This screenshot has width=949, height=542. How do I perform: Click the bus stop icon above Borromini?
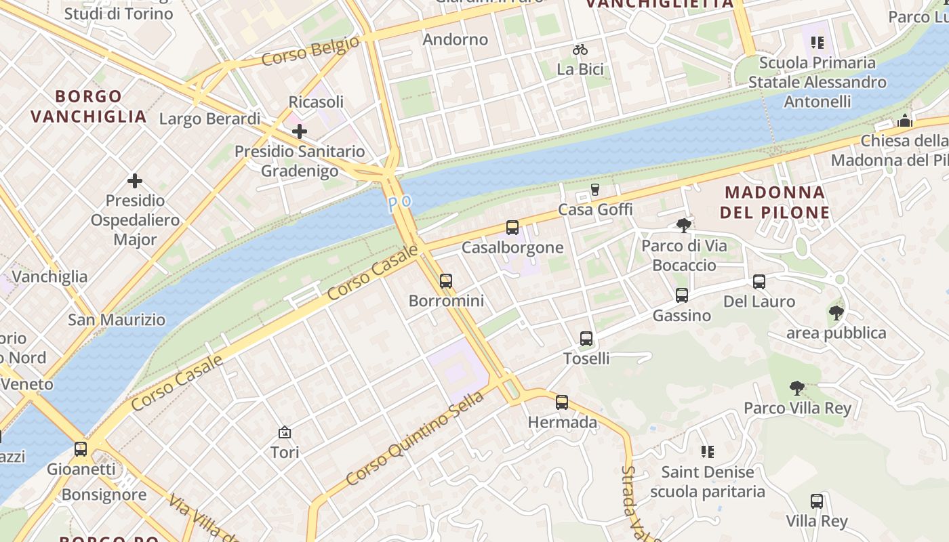(x=445, y=280)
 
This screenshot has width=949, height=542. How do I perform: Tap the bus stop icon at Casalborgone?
(x=512, y=228)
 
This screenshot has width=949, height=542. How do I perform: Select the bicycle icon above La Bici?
(x=580, y=49)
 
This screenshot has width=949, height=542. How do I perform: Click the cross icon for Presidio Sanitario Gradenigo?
(x=299, y=131)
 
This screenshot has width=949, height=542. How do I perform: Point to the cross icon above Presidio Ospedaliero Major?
(x=135, y=181)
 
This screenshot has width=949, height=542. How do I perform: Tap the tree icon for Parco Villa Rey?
(x=797, y=388)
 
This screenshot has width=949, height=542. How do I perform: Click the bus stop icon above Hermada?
(x=562, y=402)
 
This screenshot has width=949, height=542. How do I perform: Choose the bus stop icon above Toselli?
(x=586, y=338)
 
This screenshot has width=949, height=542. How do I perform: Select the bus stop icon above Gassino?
(x=682, y=295)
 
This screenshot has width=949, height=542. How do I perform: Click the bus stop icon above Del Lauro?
(x=759, y=281)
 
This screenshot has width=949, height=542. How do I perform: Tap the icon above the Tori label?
(x=285, y=432)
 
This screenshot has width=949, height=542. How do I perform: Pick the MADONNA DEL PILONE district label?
(x=775, y=202)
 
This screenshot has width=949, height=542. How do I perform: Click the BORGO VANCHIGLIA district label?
(x=89, y=106)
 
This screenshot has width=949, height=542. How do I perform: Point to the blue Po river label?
(x=400, y=203)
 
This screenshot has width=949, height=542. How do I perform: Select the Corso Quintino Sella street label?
(x=415, y=438)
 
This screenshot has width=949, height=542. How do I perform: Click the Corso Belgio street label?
(x=310, y=51)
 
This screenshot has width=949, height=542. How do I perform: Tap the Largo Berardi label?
(x=209, y=119)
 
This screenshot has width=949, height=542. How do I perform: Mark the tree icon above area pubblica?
(x=836, y=312)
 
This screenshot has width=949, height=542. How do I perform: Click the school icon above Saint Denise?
(x=707, y=452)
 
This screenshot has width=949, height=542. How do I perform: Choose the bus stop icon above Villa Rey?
(x=817, y=501)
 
